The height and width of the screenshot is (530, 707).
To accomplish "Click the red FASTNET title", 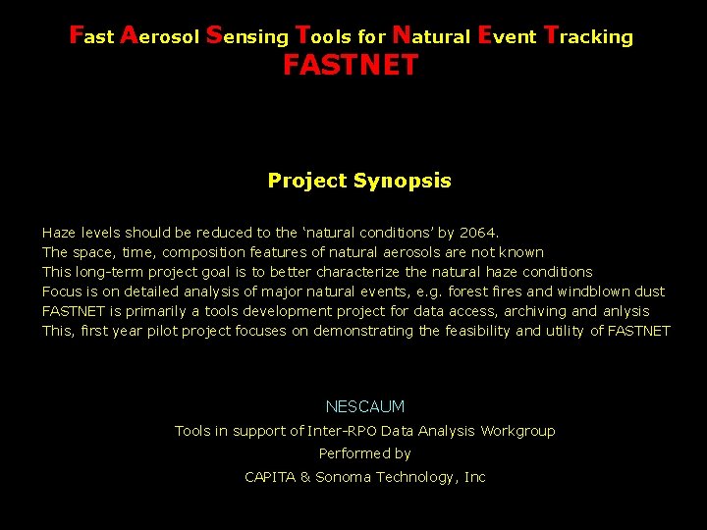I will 351,67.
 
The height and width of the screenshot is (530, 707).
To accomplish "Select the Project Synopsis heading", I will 359,181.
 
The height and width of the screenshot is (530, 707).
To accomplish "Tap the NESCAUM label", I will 364,406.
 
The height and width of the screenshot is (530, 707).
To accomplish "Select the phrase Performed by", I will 364,453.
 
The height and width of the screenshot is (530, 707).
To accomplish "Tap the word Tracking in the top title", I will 588,36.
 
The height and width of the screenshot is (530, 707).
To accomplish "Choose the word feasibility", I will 476,331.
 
